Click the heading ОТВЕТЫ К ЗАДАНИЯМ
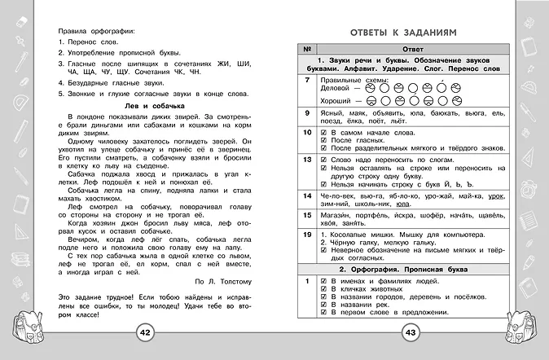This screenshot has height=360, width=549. [397, 31]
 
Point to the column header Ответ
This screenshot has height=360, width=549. [406, 48]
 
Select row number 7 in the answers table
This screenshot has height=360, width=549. [306, 81]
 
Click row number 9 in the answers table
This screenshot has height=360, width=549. [306, 113]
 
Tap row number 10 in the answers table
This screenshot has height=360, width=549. [306, 132]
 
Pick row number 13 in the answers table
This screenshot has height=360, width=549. [306, 160]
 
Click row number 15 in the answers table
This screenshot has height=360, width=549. [306, 216]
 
